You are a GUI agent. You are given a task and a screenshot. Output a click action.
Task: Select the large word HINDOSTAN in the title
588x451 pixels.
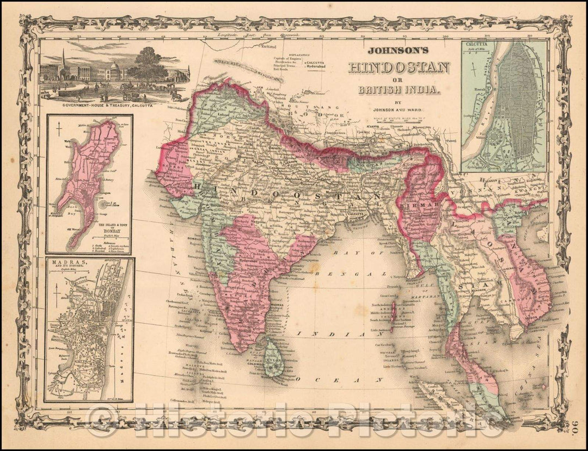pyautogui.click(x=399, y=67)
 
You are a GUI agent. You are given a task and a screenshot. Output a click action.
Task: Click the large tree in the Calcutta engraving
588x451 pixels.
pyautogui.click(x=148, y=64)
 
